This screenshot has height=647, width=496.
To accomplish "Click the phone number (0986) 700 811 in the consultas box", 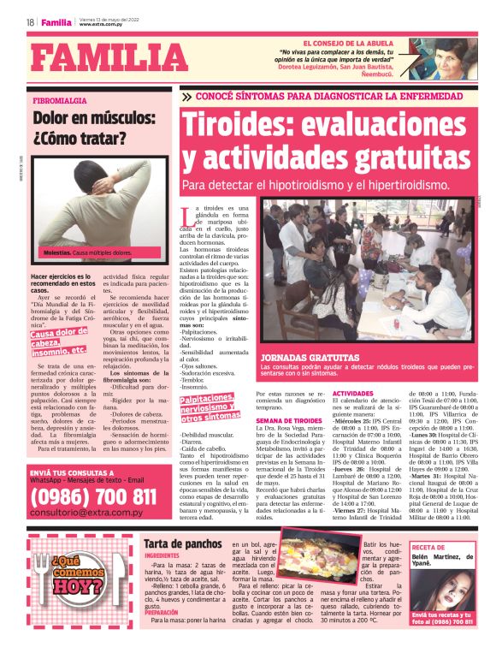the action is (94, 496).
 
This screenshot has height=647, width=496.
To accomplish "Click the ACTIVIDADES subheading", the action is (352, 393).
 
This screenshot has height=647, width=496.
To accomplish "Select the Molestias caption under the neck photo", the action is (62, 252).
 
